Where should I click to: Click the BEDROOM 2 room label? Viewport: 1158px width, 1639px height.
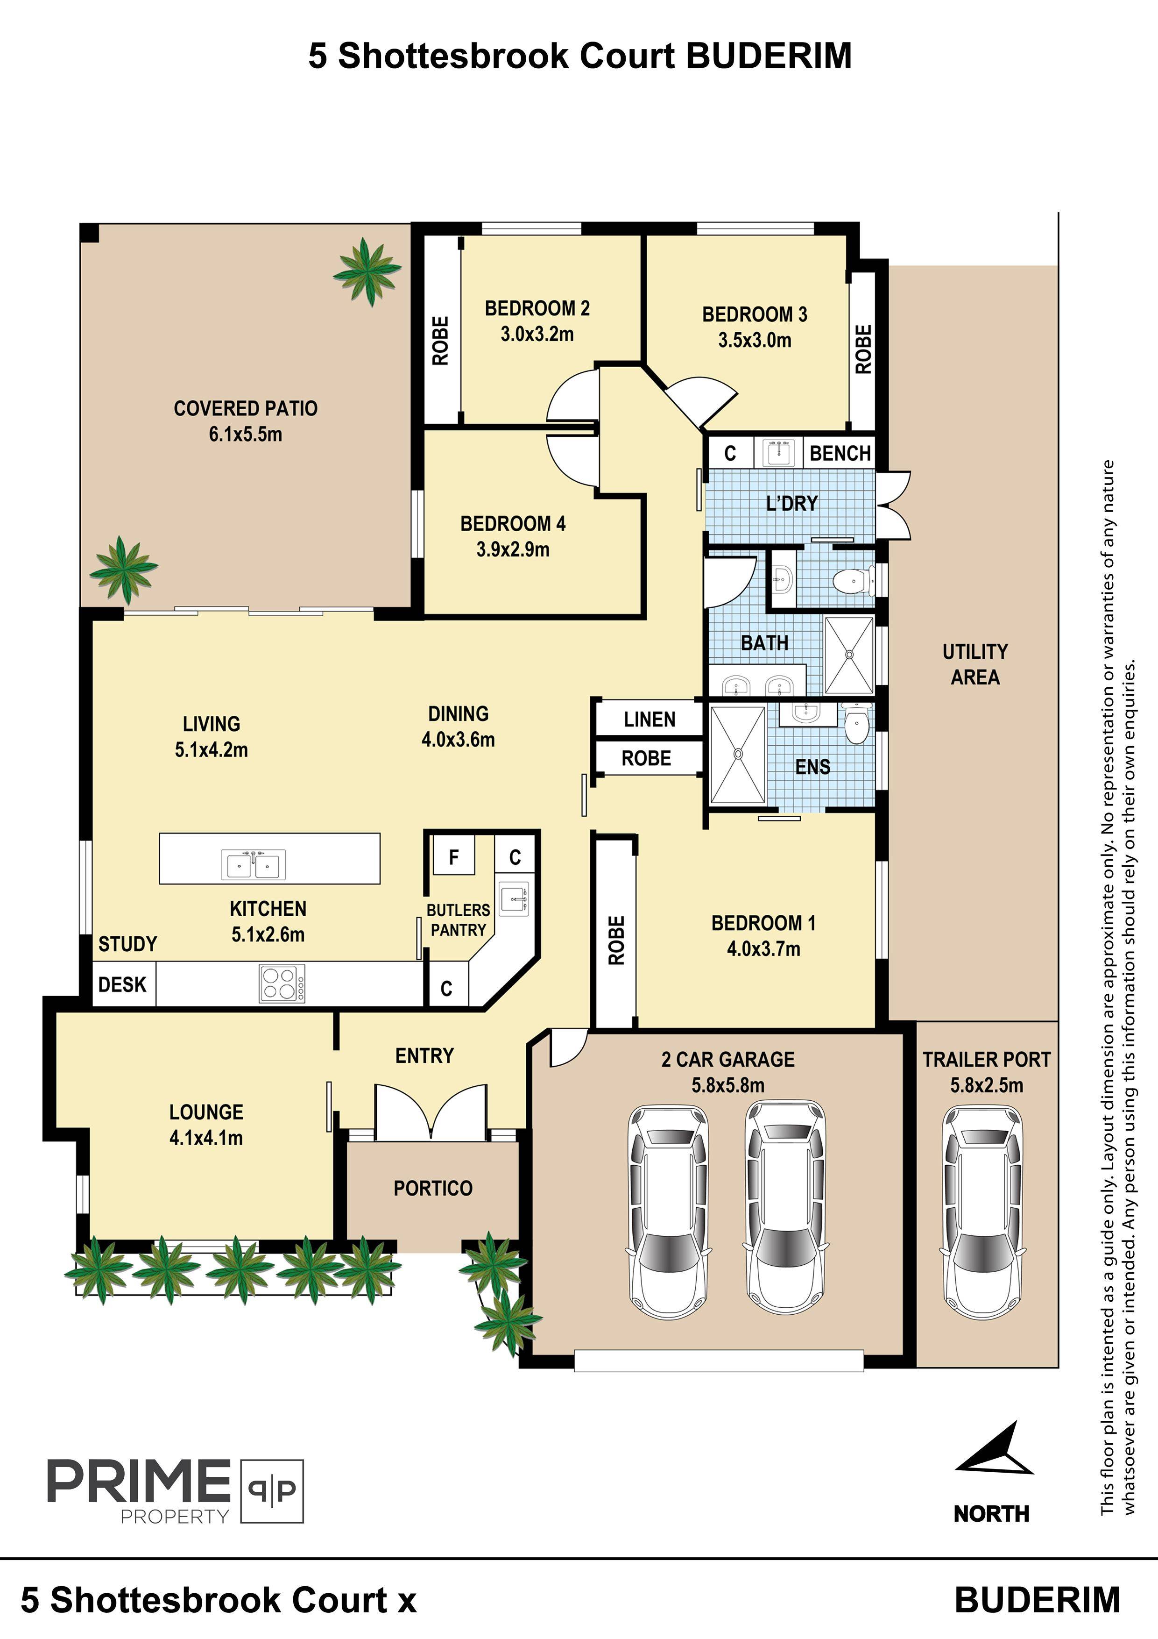pos(537,308)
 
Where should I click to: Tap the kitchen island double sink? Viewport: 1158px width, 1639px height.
pos(253,864)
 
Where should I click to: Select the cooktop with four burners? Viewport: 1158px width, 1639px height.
pos(282,983)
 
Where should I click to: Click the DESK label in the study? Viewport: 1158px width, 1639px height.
pos(122,984)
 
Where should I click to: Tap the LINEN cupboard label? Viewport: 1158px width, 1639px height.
pos(650,720)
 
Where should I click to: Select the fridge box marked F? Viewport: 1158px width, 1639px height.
pos(454,856)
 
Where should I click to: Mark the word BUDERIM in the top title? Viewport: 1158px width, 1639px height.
pos(769,56)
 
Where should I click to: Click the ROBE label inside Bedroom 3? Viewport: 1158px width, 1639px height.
pos(863,349)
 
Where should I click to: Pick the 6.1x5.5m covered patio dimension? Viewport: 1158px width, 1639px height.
pos(246,434)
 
